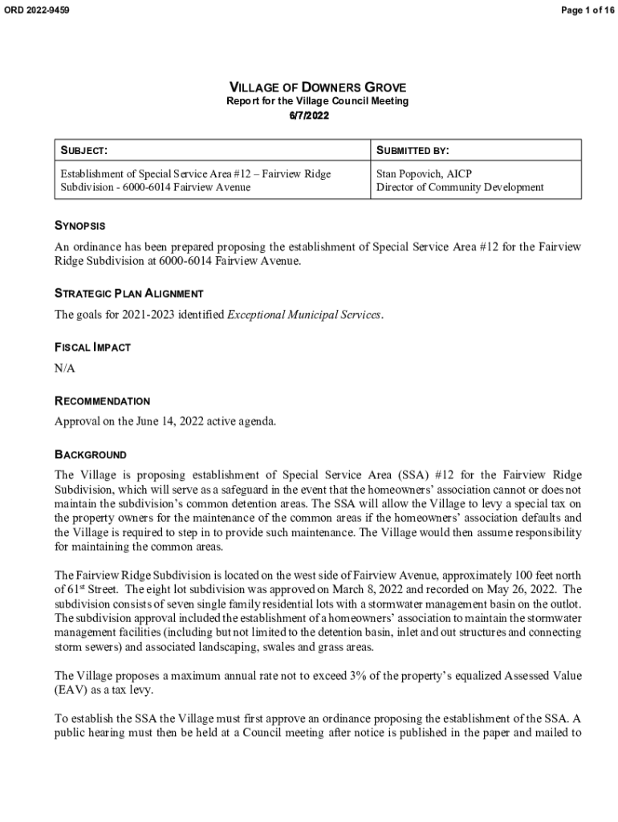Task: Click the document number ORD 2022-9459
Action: (37, 10)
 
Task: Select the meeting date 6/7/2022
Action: (309, 116)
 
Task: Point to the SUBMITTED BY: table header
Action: (413, 150)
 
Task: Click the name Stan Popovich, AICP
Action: (426, 173)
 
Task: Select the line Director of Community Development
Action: (460, 187)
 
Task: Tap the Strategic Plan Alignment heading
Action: (128, 294)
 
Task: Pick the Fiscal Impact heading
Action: (92, 348)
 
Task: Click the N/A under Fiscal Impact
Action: (65, 368)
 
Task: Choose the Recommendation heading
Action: (102, 401)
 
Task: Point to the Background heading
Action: (90, 455)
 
